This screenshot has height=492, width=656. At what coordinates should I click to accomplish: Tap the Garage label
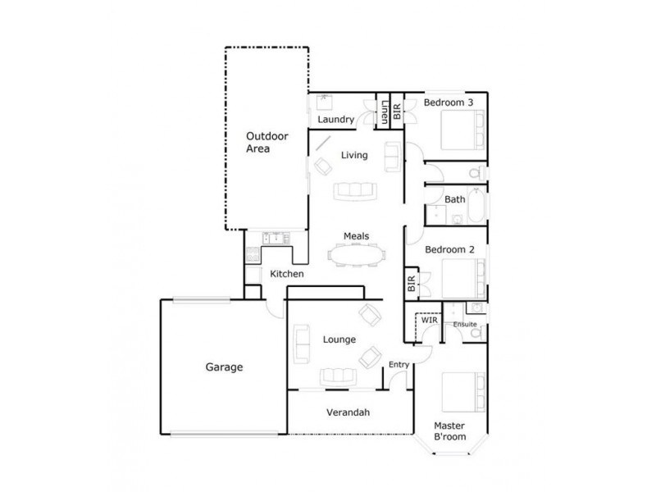(224, 368)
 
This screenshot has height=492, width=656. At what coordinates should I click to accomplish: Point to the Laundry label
(336, 121)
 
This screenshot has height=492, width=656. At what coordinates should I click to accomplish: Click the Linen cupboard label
(385, 112)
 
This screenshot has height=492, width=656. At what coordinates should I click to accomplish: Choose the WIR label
(430, 321)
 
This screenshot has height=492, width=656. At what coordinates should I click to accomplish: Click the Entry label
(399, 365)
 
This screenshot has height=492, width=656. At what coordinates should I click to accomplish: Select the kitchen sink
(273, 239)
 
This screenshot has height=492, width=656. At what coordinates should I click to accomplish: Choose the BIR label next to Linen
(398, 112)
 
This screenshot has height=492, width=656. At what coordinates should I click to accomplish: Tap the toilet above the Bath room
(473, 174)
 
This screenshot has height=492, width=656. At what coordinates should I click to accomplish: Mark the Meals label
(356, 236)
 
